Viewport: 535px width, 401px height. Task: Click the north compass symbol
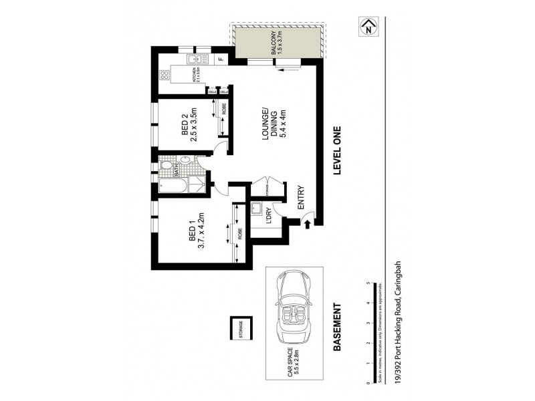coord(366,28)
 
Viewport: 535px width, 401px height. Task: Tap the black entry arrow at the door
coord(307,226)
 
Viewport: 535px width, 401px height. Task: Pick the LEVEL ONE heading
coord(337,150)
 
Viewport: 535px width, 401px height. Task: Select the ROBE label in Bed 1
coord(239,234)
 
